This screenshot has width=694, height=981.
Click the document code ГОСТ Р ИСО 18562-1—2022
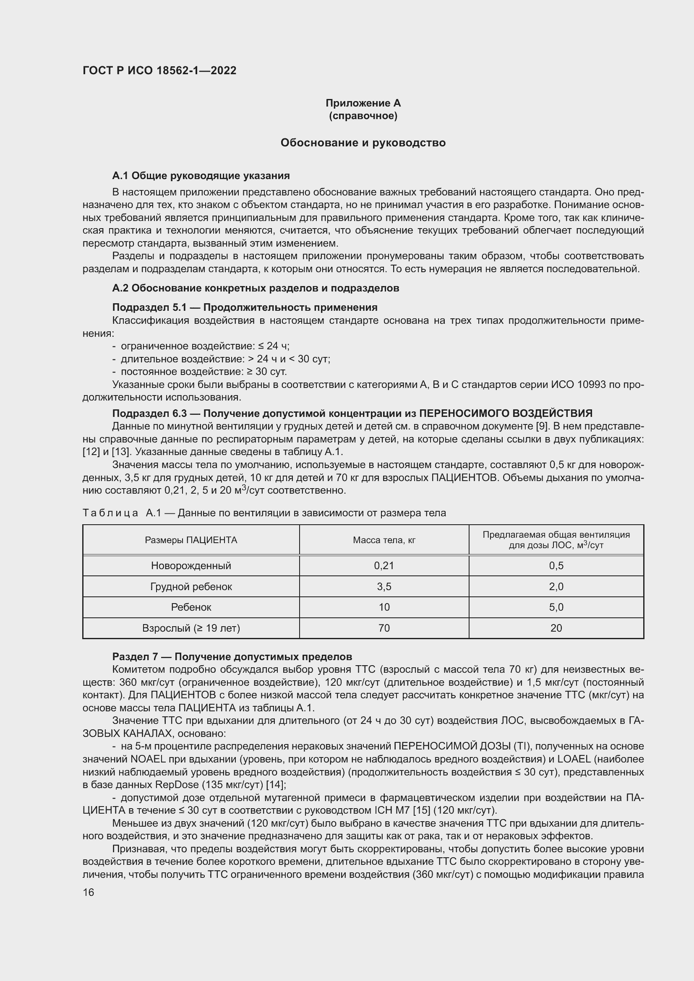click(159, 70)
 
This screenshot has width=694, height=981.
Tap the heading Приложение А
click(363, 103)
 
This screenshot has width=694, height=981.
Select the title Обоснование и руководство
click(363, 143)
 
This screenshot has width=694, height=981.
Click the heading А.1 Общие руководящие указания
click(201, 176)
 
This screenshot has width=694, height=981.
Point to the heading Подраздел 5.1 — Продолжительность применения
click(245, 307)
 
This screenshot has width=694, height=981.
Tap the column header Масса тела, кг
click(384, 540)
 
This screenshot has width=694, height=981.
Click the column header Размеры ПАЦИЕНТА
click(191, 540)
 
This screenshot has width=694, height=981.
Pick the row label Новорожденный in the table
click(191, 566)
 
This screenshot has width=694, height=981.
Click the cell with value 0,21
click(384, 566)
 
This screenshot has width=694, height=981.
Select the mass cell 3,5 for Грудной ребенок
click(384, 587)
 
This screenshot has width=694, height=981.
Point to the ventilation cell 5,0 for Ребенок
click(556, 607)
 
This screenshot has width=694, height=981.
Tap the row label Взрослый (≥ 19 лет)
click(191, 628)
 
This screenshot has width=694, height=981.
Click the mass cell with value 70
click(384, 628)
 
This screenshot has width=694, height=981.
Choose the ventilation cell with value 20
click(556, 628)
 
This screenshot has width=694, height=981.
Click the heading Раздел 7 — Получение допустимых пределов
click(232, 656)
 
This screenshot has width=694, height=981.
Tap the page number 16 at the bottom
click(89, 892)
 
